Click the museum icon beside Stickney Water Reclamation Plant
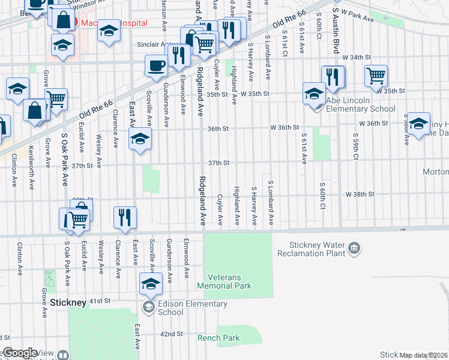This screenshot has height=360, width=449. pyautogui.click(x=354, y=248)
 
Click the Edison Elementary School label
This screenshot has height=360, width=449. pyautogui.click(x=187, y=308)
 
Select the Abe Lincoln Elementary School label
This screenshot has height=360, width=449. pyautogui.click(x=360, y=105)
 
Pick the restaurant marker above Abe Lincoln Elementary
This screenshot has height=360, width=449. pyautogui.click(x=333, y=76)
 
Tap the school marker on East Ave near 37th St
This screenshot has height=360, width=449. pyautogui.click(x=140, y=140)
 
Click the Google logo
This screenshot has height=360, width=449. pyautogui.click(x=20, y=353)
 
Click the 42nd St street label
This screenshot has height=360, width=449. pyautogui.click(x=171, y=334)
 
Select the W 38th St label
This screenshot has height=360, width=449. pyautogui.click(x=360, y=194)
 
